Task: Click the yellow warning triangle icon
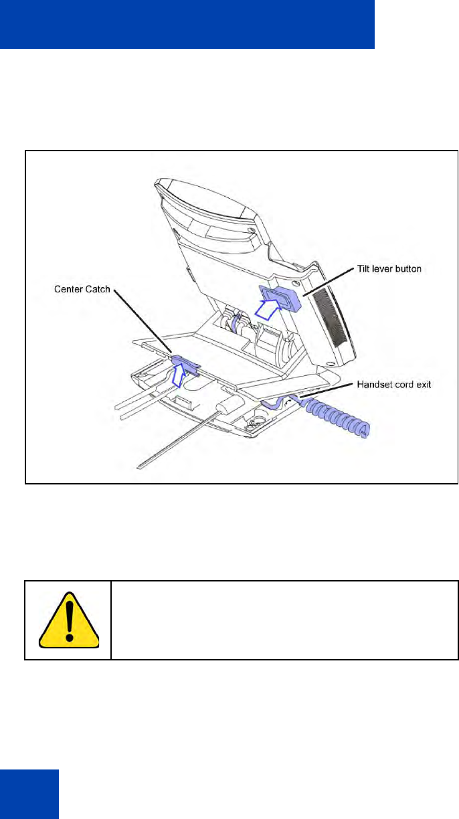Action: tap(68, 620)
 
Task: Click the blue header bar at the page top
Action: tap(187, 24)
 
